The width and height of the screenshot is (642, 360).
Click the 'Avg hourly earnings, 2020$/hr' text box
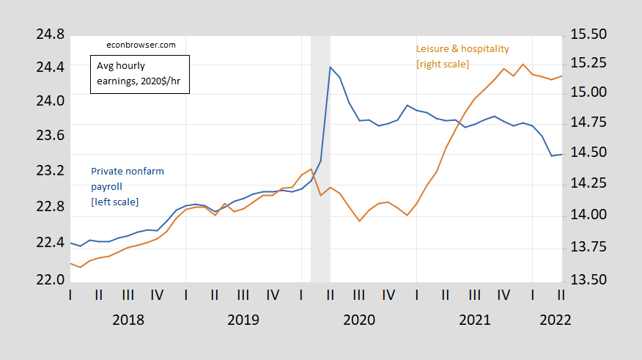[x=139, y=75]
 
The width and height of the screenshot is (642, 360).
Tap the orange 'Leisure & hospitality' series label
[x=462, y=49]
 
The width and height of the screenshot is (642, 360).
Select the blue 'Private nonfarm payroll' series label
[x=128, y=178]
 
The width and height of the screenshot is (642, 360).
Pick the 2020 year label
[x=359, y=320]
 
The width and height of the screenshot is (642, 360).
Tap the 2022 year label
[x=555, y=320]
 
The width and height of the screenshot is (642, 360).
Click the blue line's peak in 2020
[x=330, y=67]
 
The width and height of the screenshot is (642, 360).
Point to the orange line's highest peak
[x=523, y=64]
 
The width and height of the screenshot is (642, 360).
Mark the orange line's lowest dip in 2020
[x=359, y=221]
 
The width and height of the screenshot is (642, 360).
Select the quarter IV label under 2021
[x=503, y=295]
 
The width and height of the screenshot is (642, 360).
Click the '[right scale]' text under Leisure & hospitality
[x=443, y=65]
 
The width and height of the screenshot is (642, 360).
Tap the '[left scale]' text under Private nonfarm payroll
[x=114, y=202]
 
